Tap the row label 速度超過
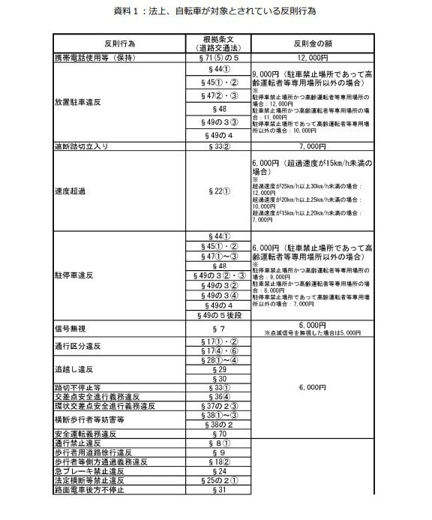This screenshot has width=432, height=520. pyautogui.click(x=71, y=191)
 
